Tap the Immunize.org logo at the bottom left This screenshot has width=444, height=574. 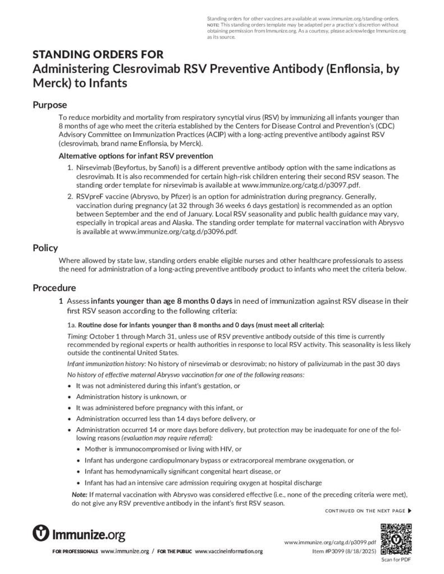pyautogui.click(x=79, y=533)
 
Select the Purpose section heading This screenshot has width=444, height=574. pyautogui.click(x=49, y=105)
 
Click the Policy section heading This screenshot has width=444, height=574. pyautogui.click(x=45, y=248)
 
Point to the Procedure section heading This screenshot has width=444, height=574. pyautogui.click(x=54, y=288)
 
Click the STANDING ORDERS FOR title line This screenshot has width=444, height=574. pyautogui.click(x=98, y=54)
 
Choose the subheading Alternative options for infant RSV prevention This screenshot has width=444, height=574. pyautogui.click(x=135, y=155)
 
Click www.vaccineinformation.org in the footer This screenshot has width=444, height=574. pyautogui.click(x=229, y=552)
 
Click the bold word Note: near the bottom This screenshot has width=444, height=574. pyautogui.click(x=79, y=495)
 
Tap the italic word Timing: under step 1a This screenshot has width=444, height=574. pyautogui.click(x=77, y=335)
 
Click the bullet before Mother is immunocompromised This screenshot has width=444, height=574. pyautogui.click(x=78, y=449)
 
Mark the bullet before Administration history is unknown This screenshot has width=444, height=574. pyautogui.click(x=69, y=396)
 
